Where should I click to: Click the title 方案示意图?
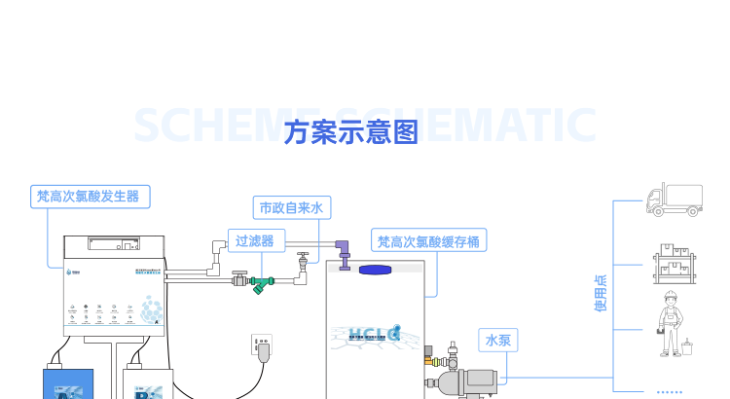click(x=351, y=132)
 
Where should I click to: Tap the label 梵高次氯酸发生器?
click(x=88, y=197)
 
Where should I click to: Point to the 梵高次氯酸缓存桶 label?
click(x=428, y=241)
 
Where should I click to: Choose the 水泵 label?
click(x=498, y=340)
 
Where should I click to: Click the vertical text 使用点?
click(x=601, y=293)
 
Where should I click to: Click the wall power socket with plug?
click(x=262, y=347)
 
